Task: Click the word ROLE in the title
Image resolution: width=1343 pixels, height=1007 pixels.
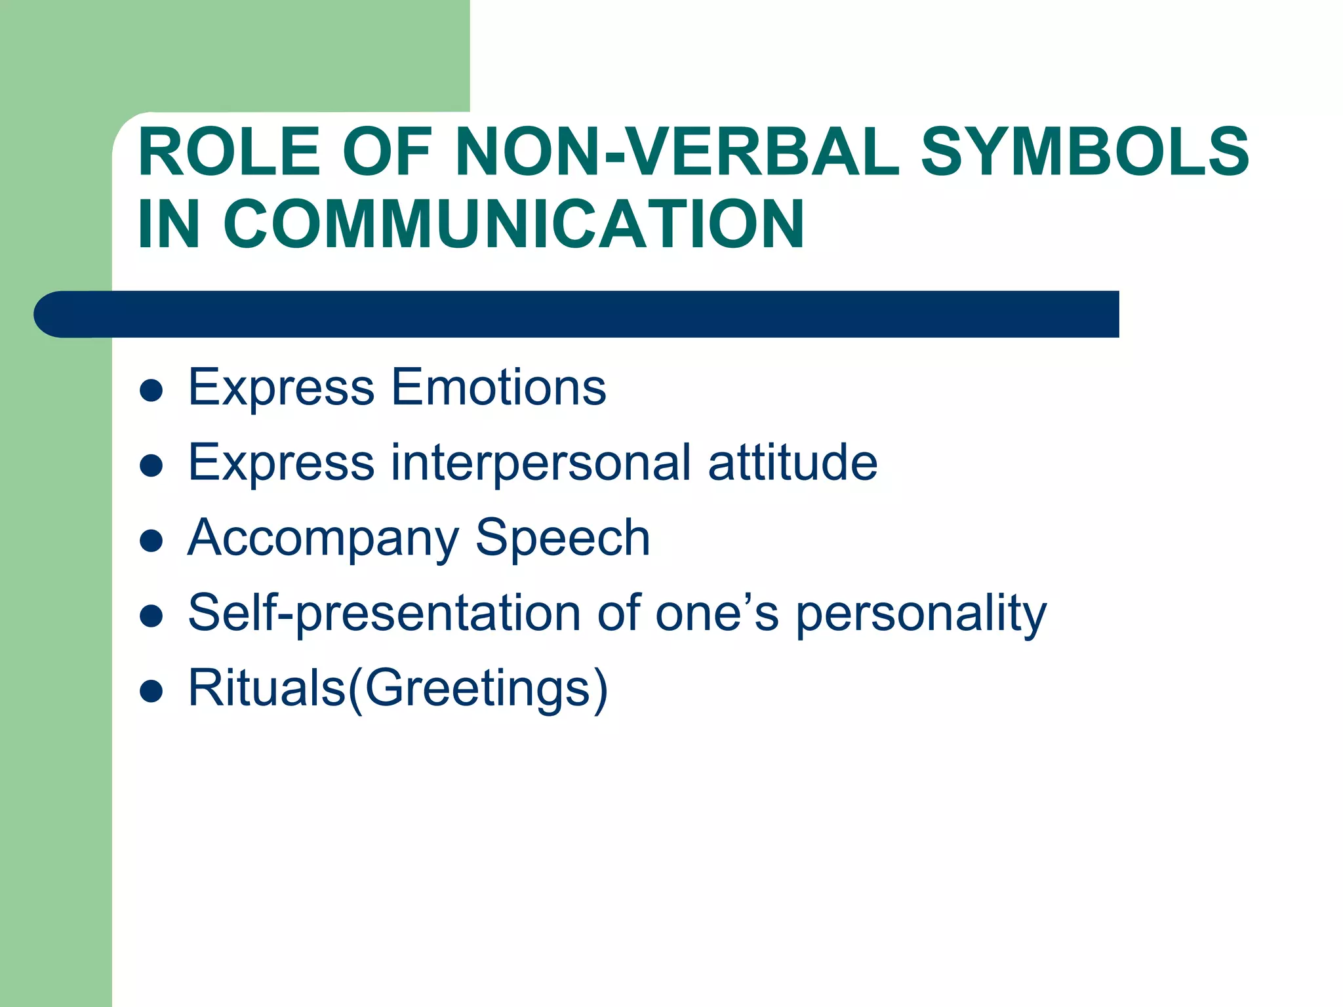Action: coord(230,152)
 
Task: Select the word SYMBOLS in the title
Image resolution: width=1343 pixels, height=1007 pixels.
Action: coord(1085,152)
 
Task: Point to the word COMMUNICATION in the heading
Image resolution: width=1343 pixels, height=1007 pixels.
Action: coord(513,225)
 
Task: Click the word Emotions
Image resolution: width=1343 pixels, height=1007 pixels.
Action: coord(498,387)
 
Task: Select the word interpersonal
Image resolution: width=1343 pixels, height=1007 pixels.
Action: coord(541,463)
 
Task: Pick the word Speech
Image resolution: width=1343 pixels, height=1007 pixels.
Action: coord(562,538)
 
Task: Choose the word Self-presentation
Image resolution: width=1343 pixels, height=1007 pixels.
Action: coord(384,613)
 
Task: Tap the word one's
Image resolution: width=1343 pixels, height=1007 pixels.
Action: coord(717,613)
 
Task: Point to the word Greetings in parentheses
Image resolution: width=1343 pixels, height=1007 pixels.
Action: coord(477,689)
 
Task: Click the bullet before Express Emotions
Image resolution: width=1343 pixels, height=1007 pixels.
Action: coord(151,391)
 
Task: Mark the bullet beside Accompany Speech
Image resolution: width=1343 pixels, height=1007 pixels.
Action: coord(151,542)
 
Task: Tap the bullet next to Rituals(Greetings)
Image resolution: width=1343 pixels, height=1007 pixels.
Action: coord(151,692)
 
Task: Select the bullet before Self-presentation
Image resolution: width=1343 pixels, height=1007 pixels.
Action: coord(151,616)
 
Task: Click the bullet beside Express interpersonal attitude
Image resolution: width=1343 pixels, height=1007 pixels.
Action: coord(151,466)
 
